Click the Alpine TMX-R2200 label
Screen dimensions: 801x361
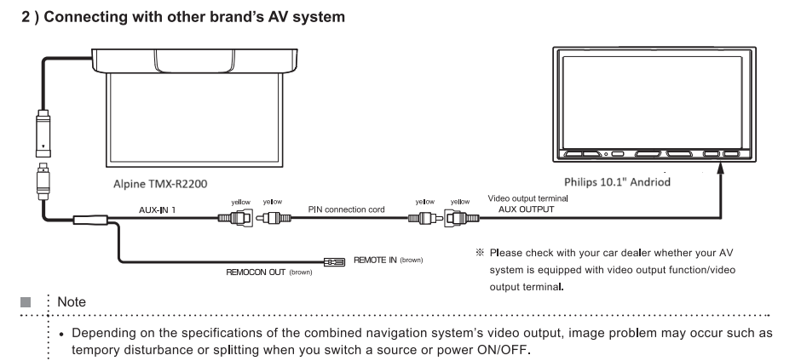160,184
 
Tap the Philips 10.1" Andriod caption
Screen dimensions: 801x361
617,181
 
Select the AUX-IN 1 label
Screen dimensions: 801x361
158,209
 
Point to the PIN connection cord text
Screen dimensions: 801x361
346,209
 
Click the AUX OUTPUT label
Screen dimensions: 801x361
526,209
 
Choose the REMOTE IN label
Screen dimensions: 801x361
375,260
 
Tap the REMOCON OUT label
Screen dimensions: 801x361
256,272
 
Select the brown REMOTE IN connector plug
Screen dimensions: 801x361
334,262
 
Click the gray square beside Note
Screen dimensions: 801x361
26,302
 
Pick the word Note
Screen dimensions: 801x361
72,301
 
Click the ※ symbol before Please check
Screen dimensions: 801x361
479,252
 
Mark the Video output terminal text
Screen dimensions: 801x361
527,198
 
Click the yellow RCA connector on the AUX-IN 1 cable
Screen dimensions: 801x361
235,218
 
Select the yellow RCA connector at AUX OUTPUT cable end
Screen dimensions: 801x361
462,219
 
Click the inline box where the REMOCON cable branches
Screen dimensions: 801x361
90,220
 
